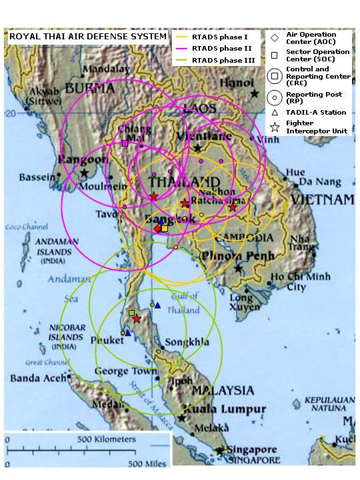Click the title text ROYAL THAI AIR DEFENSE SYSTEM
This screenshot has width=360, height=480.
pyautogui.click(x=87, y=37)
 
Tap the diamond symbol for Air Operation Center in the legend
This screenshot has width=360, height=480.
pyautogui.click(x=274, y=38)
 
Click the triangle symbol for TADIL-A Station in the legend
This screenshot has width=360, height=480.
pyautogui.click(x=274, y=112)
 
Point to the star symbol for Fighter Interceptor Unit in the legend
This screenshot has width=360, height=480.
pyautogui.click(x=274, y=127)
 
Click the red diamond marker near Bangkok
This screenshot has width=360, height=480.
pyautogui.click(x=157, y=229)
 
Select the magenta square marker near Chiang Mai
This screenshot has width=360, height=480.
pyautogui.click(x=125, y=143)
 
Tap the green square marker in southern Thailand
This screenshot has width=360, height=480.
pyautogui.click(x=131, y=313)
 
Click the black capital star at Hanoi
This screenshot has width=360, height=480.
pyautogui.click(x=255, y=95)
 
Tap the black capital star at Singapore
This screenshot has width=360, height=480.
pyautogui.click(x=219, y=451)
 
